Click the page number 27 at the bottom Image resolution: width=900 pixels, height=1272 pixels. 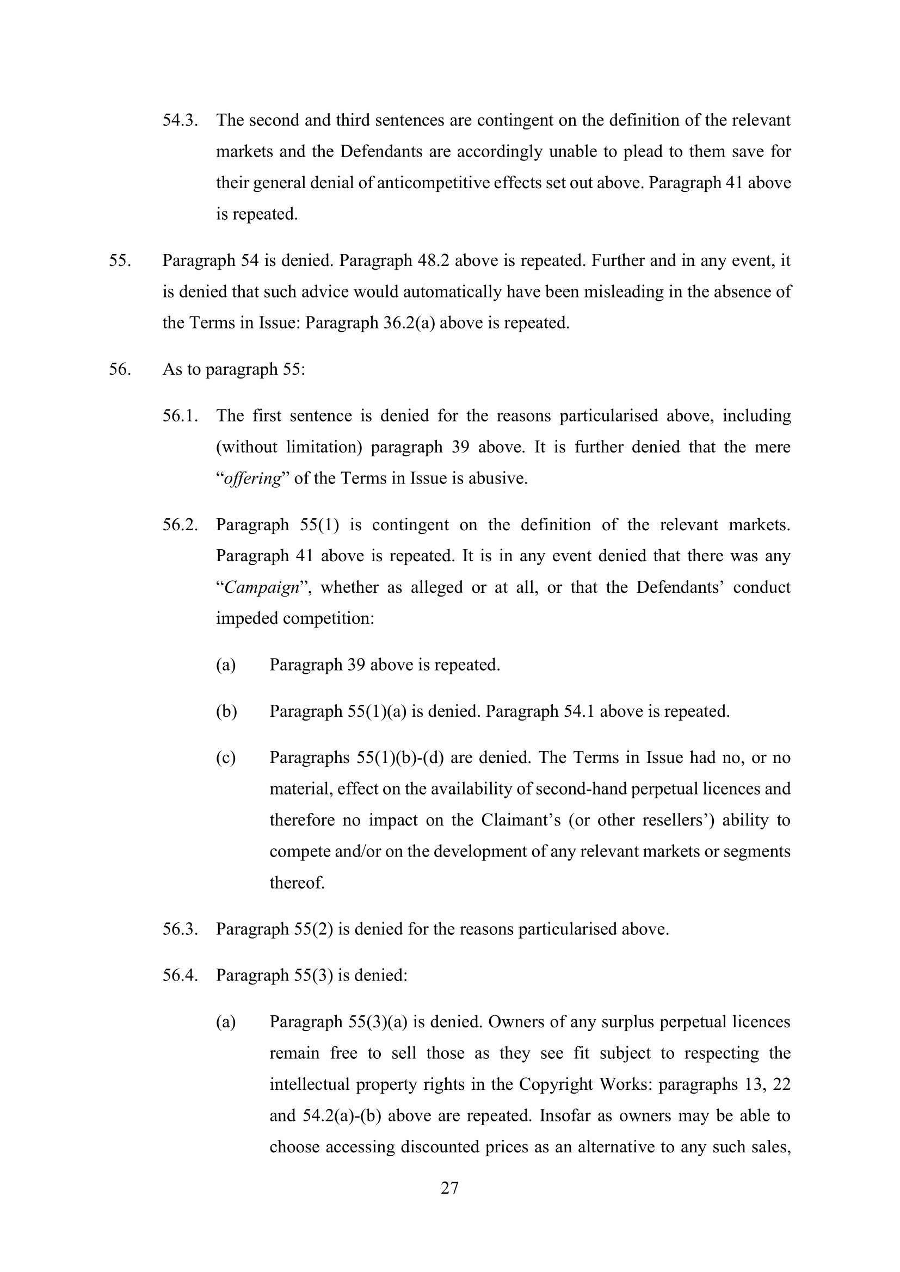[x=449, y=1188]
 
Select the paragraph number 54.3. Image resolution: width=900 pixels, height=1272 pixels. [x=180, y=120]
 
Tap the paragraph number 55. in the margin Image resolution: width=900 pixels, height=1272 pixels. [x=120, y=260]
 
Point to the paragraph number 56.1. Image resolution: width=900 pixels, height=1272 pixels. [x=180, y=415]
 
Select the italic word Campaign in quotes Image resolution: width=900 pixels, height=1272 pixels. [x=262, y=587]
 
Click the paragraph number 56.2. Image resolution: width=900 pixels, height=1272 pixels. [x=180, y=525]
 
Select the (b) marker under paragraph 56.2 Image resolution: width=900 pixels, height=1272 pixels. [x=226, y=711]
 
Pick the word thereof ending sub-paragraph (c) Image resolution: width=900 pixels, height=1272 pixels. [x=297, y=882]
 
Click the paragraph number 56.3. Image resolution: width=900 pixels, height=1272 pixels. [x=180, y=928]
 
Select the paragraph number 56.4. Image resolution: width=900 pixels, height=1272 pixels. [x=180, y=975]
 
